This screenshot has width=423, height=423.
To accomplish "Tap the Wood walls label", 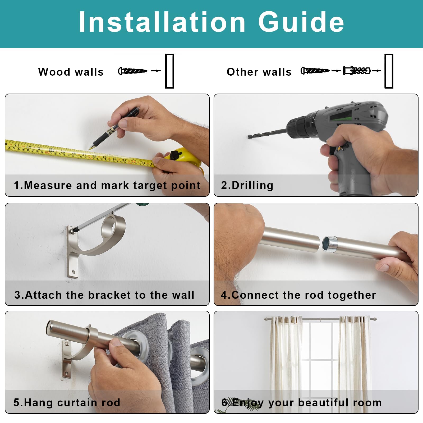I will (71, 72).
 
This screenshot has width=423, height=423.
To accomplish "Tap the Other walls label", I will (259, 72).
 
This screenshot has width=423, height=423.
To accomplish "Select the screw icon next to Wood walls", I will (133, 71).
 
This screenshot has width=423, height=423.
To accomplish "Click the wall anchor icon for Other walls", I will (356, 71).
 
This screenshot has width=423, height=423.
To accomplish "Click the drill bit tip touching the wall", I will (250, 137).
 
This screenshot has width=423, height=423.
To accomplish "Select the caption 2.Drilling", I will (247, 185).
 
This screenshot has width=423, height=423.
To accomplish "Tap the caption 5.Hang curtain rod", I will (67, 403).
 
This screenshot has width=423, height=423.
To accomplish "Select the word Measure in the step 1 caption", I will (48, 185).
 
